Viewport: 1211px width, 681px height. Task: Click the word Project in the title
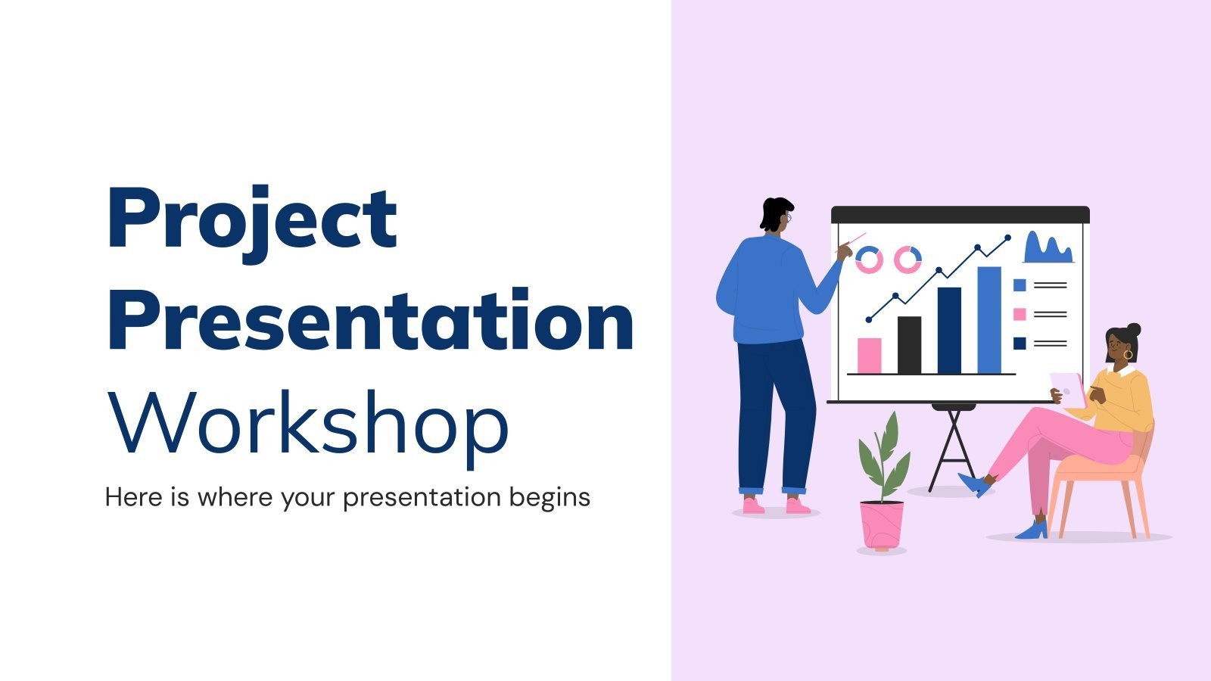click(x=252, y=219)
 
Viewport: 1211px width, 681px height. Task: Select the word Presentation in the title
click(x=370, y=322)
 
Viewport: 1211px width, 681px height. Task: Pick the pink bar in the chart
click(x=869, y=356)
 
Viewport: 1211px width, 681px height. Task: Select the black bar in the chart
click(x=909, y=345)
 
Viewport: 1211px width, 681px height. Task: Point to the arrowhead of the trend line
click(x=1007, y=238)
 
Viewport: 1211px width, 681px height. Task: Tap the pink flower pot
click(x=882, y=524)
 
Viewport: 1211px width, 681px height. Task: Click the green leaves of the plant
click(x=884, y=454)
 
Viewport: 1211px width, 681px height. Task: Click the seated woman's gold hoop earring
click(x=1128, y=354)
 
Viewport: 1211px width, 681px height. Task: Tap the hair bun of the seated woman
click(x=1133, y=330)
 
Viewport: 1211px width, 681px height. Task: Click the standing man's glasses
click(x=786, y=217)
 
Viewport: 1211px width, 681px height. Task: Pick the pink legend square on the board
click(x=1020, y=314)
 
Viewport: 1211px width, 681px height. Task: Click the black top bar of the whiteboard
click(x=960, y=215)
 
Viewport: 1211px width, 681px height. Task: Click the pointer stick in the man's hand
click(x=853, y=241)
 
